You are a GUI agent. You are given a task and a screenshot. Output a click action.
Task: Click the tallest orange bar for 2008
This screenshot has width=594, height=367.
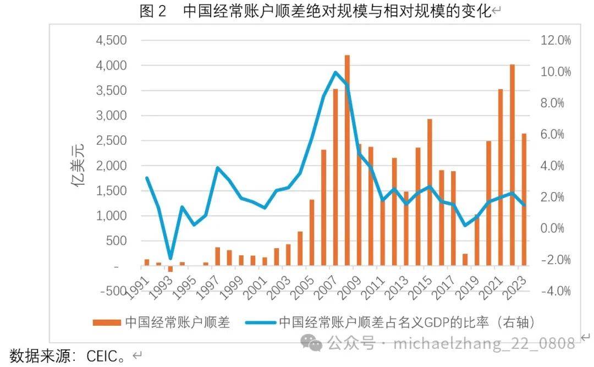(x=347, y=160)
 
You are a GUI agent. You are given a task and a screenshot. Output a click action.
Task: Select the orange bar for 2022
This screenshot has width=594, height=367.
(x=512, y=165)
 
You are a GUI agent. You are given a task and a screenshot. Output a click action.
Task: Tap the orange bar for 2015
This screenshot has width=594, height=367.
(x=430, y=193)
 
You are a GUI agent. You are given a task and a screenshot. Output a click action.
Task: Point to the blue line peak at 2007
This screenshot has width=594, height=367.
(x=335, y=72)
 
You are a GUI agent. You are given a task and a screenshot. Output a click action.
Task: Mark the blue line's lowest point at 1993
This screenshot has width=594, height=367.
(x=170, y=258)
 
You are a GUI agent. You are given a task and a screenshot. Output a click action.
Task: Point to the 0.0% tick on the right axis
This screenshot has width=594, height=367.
(x=556, y=228)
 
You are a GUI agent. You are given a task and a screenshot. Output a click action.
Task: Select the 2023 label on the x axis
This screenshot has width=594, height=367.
(x=516, y=286)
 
